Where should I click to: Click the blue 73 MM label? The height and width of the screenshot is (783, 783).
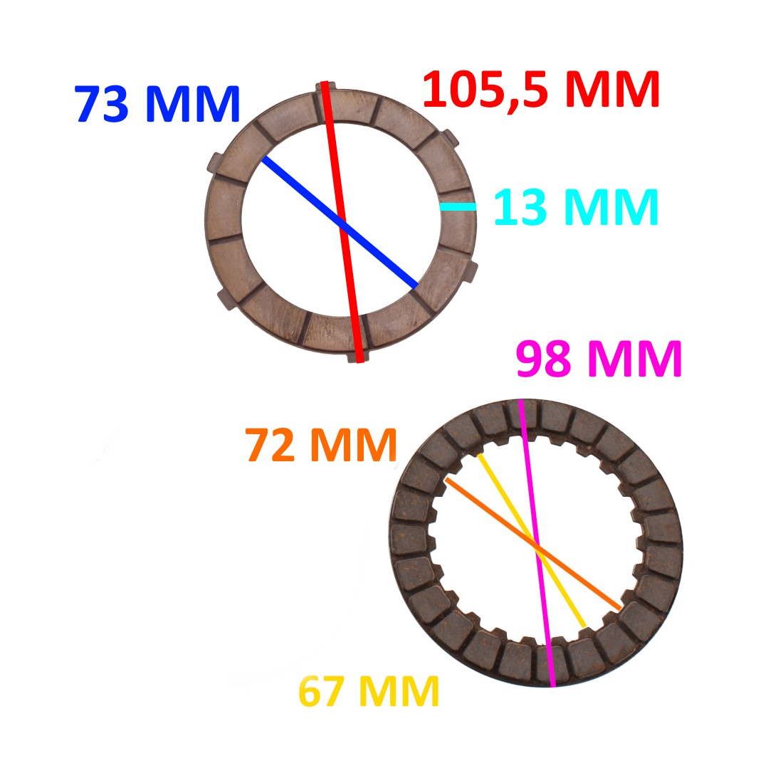[x=158, y=105]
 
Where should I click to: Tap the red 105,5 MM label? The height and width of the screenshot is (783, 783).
[x=541, y=90]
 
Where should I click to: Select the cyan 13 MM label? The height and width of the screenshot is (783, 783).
[x=576, y=207]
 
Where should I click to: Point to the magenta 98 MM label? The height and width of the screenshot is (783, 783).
[x=599, y=359]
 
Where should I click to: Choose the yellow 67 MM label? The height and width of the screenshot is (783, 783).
[x=369, y=690]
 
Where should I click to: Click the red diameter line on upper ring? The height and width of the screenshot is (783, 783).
[x=342, y=221]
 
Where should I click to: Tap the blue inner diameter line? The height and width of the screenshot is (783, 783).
[x=339, y=222]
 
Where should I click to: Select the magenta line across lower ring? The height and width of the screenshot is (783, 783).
[x=537, y=543]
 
